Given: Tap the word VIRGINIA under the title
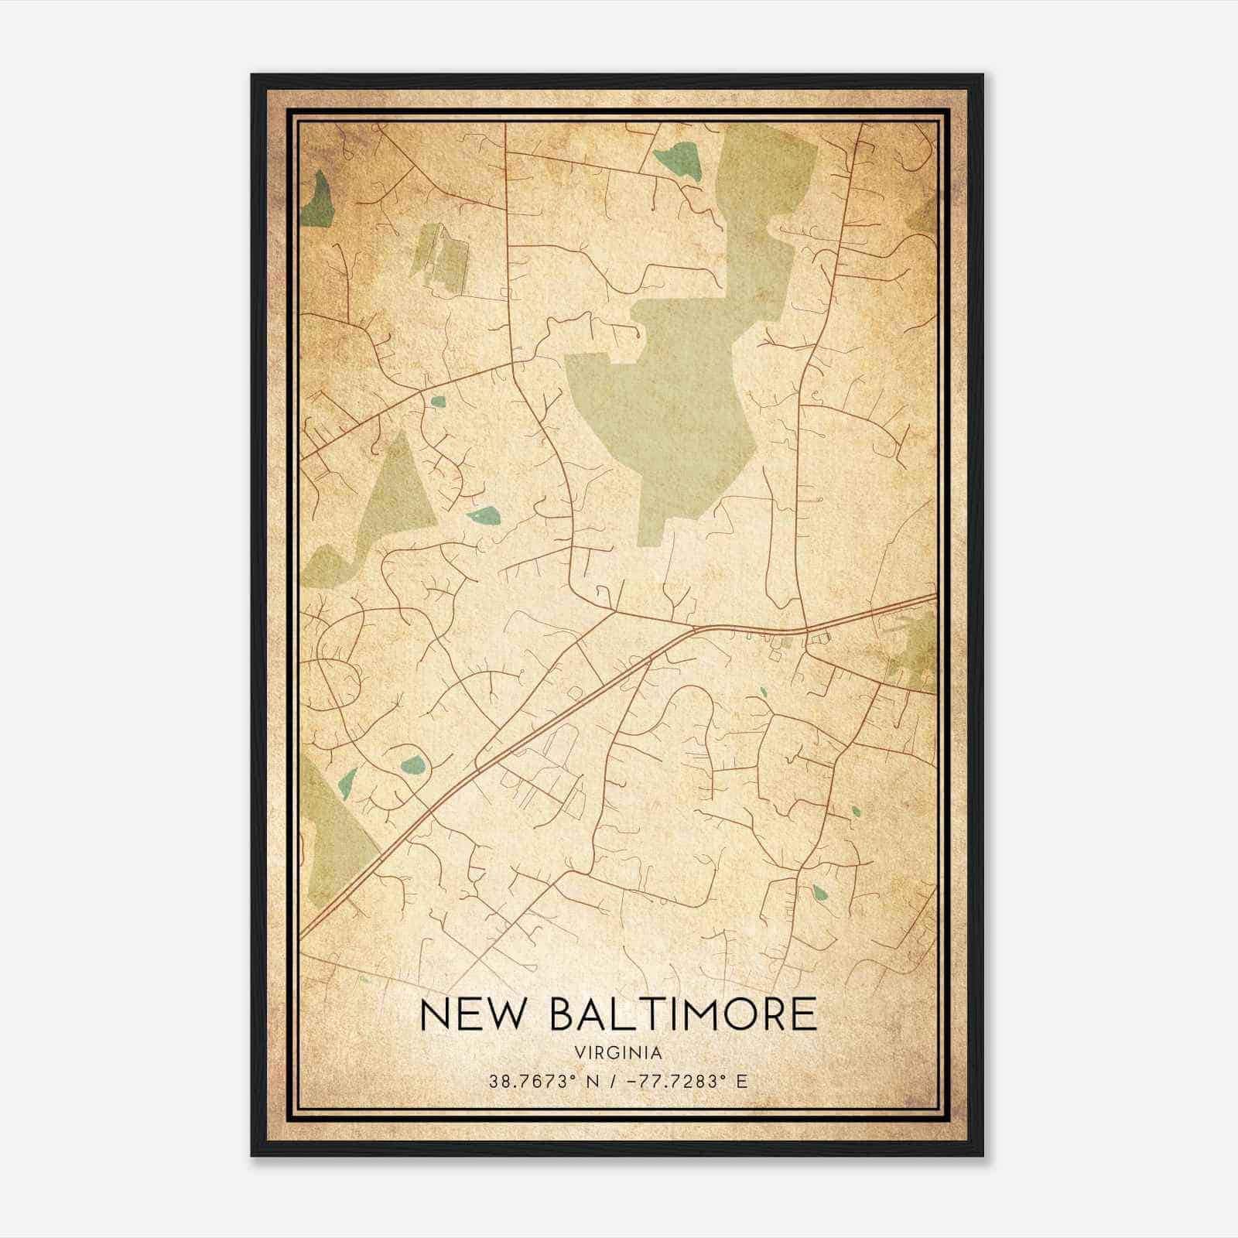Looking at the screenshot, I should coord(618,1053).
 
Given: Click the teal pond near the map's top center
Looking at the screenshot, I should coord(679,160).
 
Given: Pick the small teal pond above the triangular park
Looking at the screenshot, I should coord(439,402).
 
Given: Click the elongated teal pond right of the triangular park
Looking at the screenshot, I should coord(483,515).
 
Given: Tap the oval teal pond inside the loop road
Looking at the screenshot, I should coord(413,765).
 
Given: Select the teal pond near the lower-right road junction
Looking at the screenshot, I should coord(819,893).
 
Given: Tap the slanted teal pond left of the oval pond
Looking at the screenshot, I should coord(347,782).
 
